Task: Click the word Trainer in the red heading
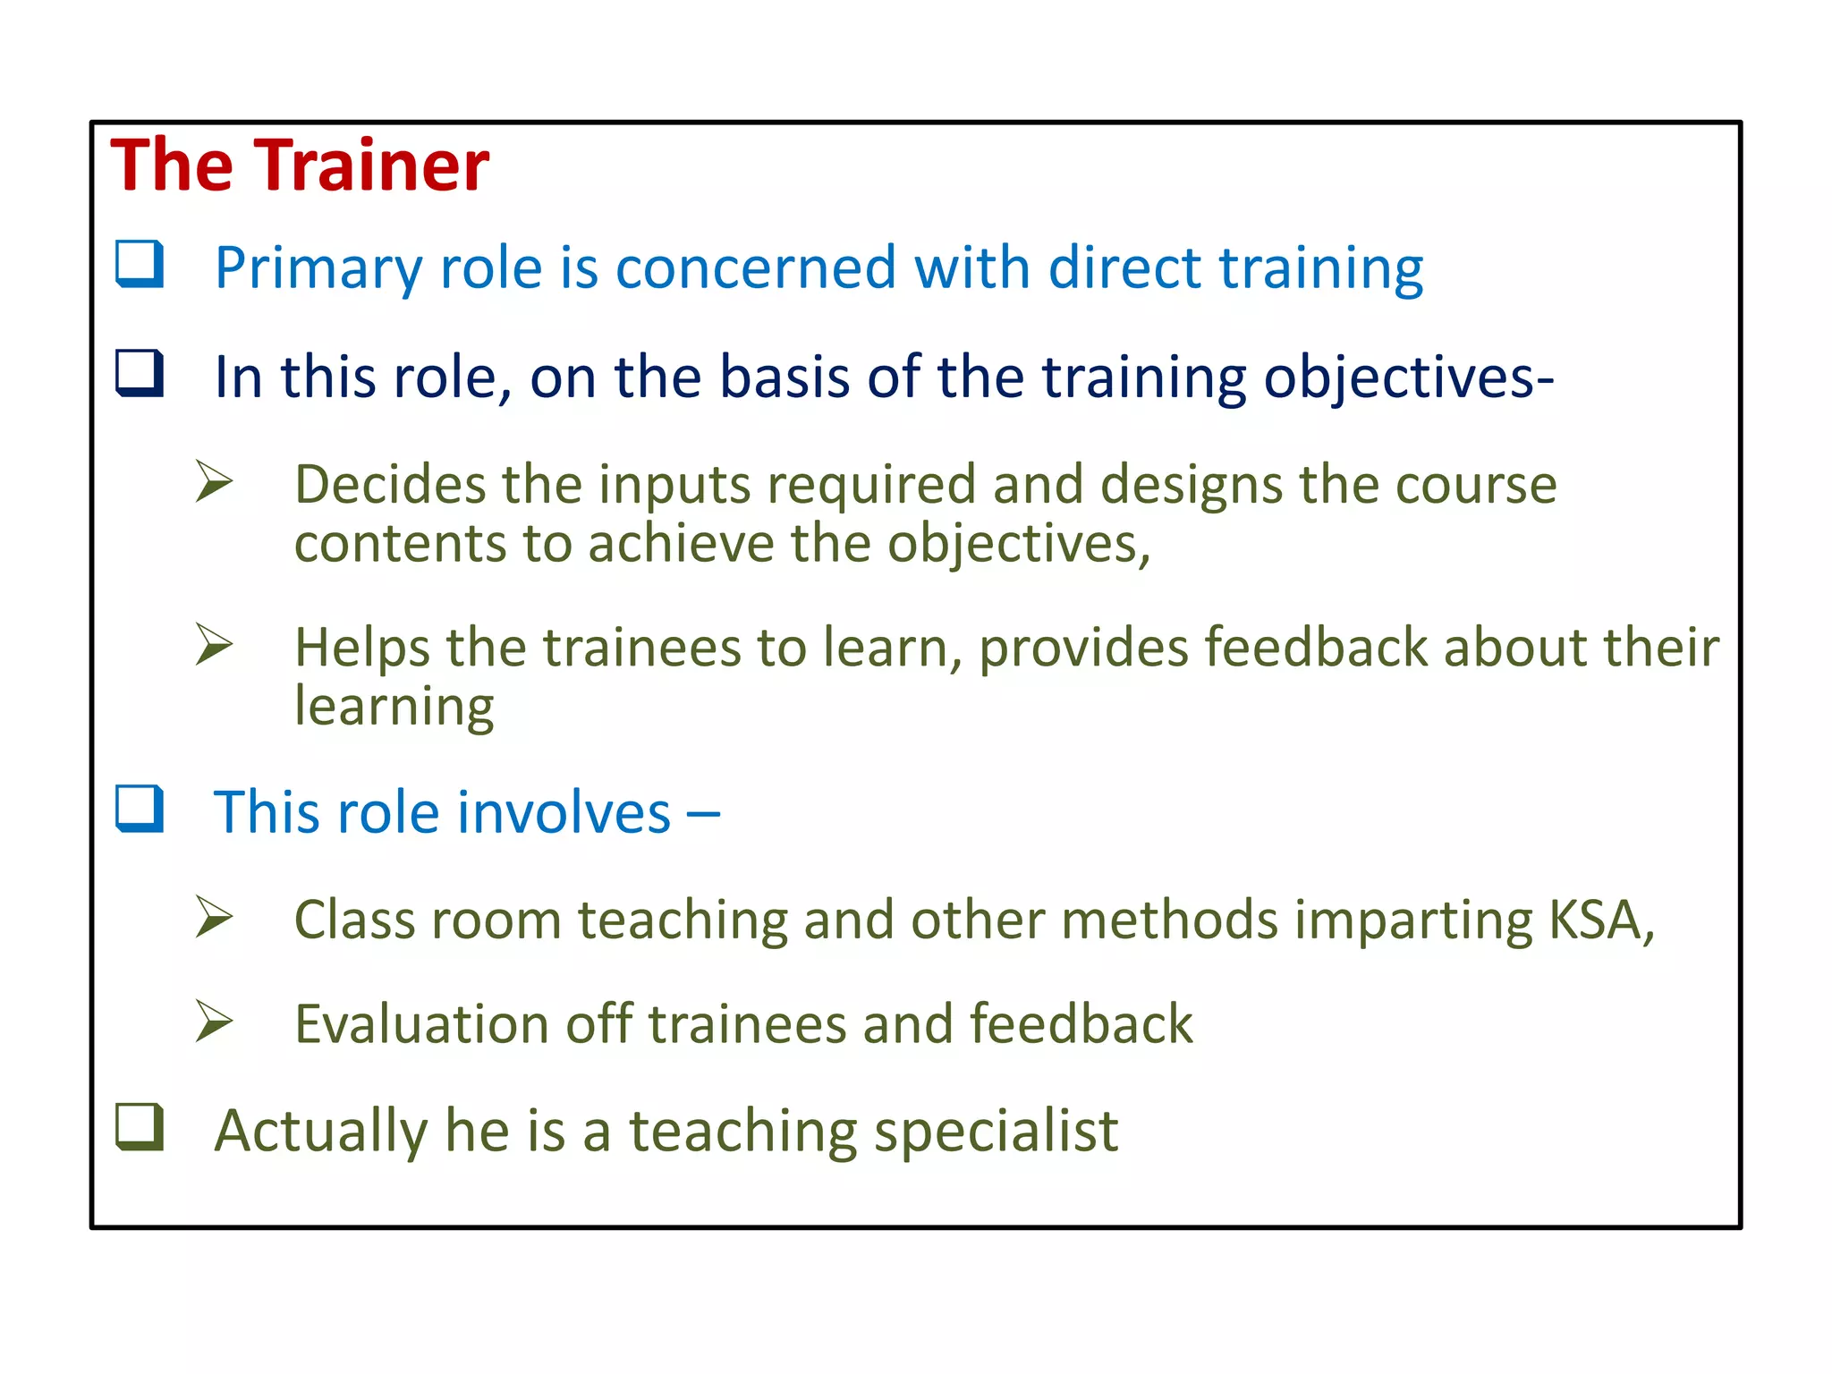376,166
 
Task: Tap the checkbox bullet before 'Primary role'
140,264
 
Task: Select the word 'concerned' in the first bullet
755,267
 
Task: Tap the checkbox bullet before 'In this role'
140,373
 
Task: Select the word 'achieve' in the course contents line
680,544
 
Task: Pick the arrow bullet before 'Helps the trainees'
214,644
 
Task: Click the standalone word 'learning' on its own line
394,707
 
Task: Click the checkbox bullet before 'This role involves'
140,809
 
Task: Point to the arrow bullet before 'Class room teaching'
214,917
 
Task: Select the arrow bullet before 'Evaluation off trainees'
214,1022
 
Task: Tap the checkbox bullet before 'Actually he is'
140,1127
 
